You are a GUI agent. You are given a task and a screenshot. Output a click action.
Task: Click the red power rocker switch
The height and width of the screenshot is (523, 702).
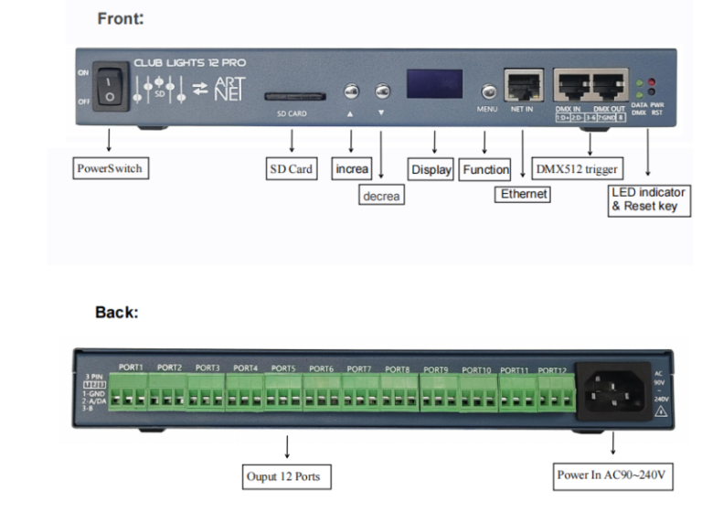(109, 84)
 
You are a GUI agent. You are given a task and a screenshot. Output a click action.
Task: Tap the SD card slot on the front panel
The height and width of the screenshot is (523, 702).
(292, 94)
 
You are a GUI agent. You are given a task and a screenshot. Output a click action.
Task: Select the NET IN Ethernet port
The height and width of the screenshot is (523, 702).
(522, 85)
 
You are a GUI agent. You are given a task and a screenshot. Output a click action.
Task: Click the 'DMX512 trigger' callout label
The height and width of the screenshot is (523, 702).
(578, 169)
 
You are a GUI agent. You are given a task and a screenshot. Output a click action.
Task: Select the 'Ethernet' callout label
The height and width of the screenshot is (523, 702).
(524, 194)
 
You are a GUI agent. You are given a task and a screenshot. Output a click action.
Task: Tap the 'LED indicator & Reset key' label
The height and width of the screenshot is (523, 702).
(649, 201)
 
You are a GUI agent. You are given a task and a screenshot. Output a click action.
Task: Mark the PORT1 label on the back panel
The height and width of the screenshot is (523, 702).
(132, 367)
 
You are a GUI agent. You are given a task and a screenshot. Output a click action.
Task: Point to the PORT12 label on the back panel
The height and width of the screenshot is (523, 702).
(551, 370)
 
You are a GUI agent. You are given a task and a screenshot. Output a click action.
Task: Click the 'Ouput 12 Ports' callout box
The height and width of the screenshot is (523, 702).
(288, 476)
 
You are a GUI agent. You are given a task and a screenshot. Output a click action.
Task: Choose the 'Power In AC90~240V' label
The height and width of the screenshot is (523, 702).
(613, 475)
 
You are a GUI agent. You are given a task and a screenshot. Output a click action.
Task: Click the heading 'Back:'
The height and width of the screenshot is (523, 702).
(116, 313)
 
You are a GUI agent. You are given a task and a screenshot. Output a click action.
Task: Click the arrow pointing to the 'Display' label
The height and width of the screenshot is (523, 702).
(433, 142)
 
